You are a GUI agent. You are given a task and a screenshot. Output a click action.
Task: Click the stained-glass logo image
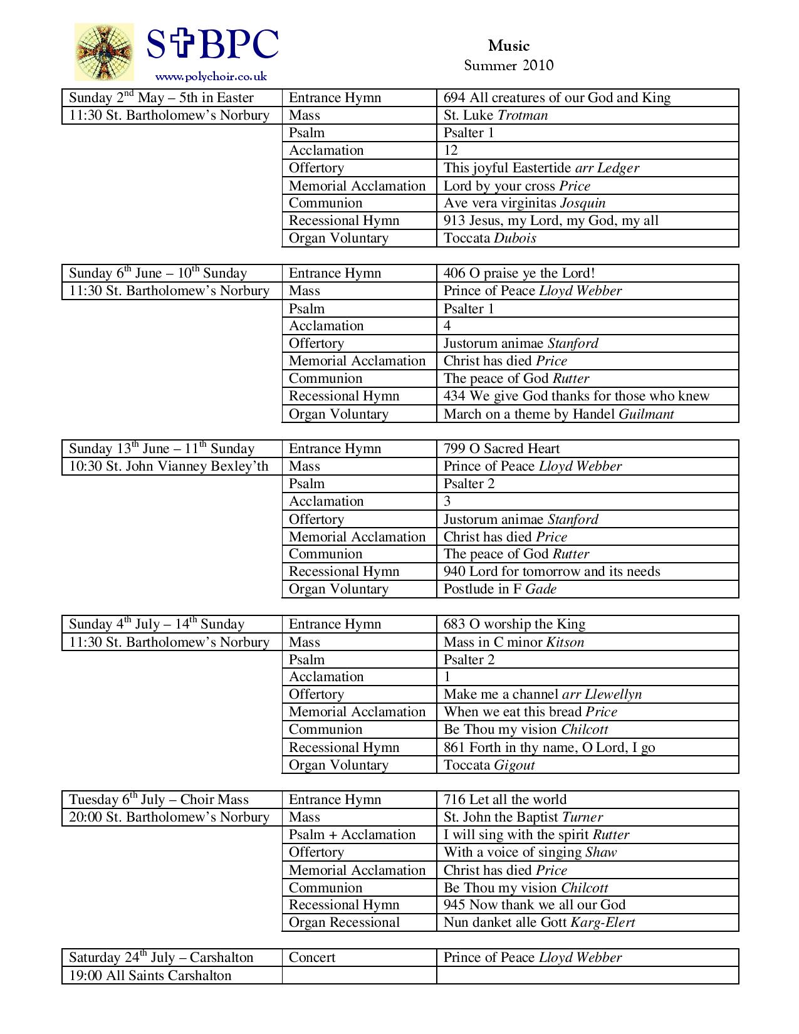click(104, 52)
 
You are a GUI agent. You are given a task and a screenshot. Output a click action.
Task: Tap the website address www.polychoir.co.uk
click(211, 76)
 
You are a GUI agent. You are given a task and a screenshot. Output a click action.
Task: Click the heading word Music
click(509, 46)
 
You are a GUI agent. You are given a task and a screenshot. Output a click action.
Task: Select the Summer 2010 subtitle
click(509, 65)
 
